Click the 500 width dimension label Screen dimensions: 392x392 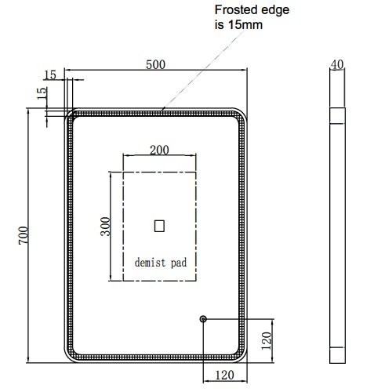coord(155,64)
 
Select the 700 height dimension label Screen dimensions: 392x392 coord(24,235)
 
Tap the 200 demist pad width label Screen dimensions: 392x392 coord(159,150)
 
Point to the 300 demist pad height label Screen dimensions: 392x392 coord(106,227)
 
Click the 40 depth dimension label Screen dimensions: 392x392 coord(337,64)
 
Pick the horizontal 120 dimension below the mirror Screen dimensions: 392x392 coord(224,376)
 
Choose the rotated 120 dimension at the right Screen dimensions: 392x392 coord(267,341)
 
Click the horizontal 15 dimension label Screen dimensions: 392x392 coord(50,75)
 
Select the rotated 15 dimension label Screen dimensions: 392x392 coord(42,93)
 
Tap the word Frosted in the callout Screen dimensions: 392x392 coord(232,10)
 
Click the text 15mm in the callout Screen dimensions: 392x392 coord(245,25)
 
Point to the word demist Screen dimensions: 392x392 coord(151,263)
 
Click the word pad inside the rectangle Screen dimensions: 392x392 coord(179,263)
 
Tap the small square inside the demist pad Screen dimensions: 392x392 coord(159,226)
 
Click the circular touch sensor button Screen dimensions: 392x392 coord(203,319)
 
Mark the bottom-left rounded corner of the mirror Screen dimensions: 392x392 coord(70,358)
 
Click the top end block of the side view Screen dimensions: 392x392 coord(337,115)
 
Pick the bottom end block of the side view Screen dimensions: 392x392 coord(337,355)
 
